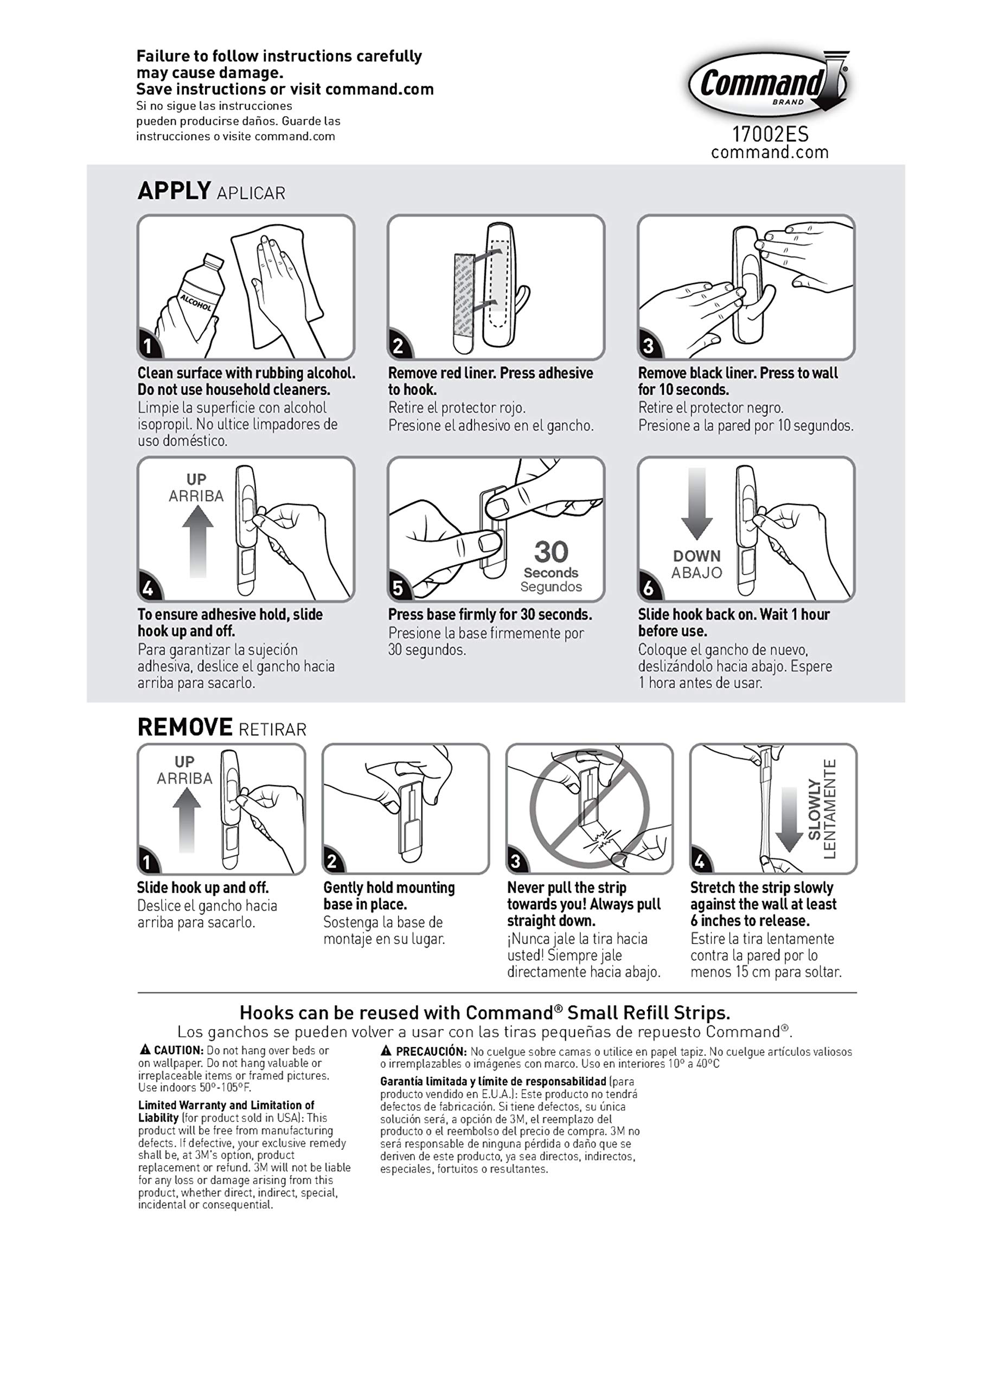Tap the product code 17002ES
[x=770, y=134]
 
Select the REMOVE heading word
[x=184, y=727]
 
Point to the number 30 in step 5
[x=551, y=552]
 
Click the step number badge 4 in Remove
[x=700, y=862]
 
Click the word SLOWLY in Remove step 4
[x=814, y=810]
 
